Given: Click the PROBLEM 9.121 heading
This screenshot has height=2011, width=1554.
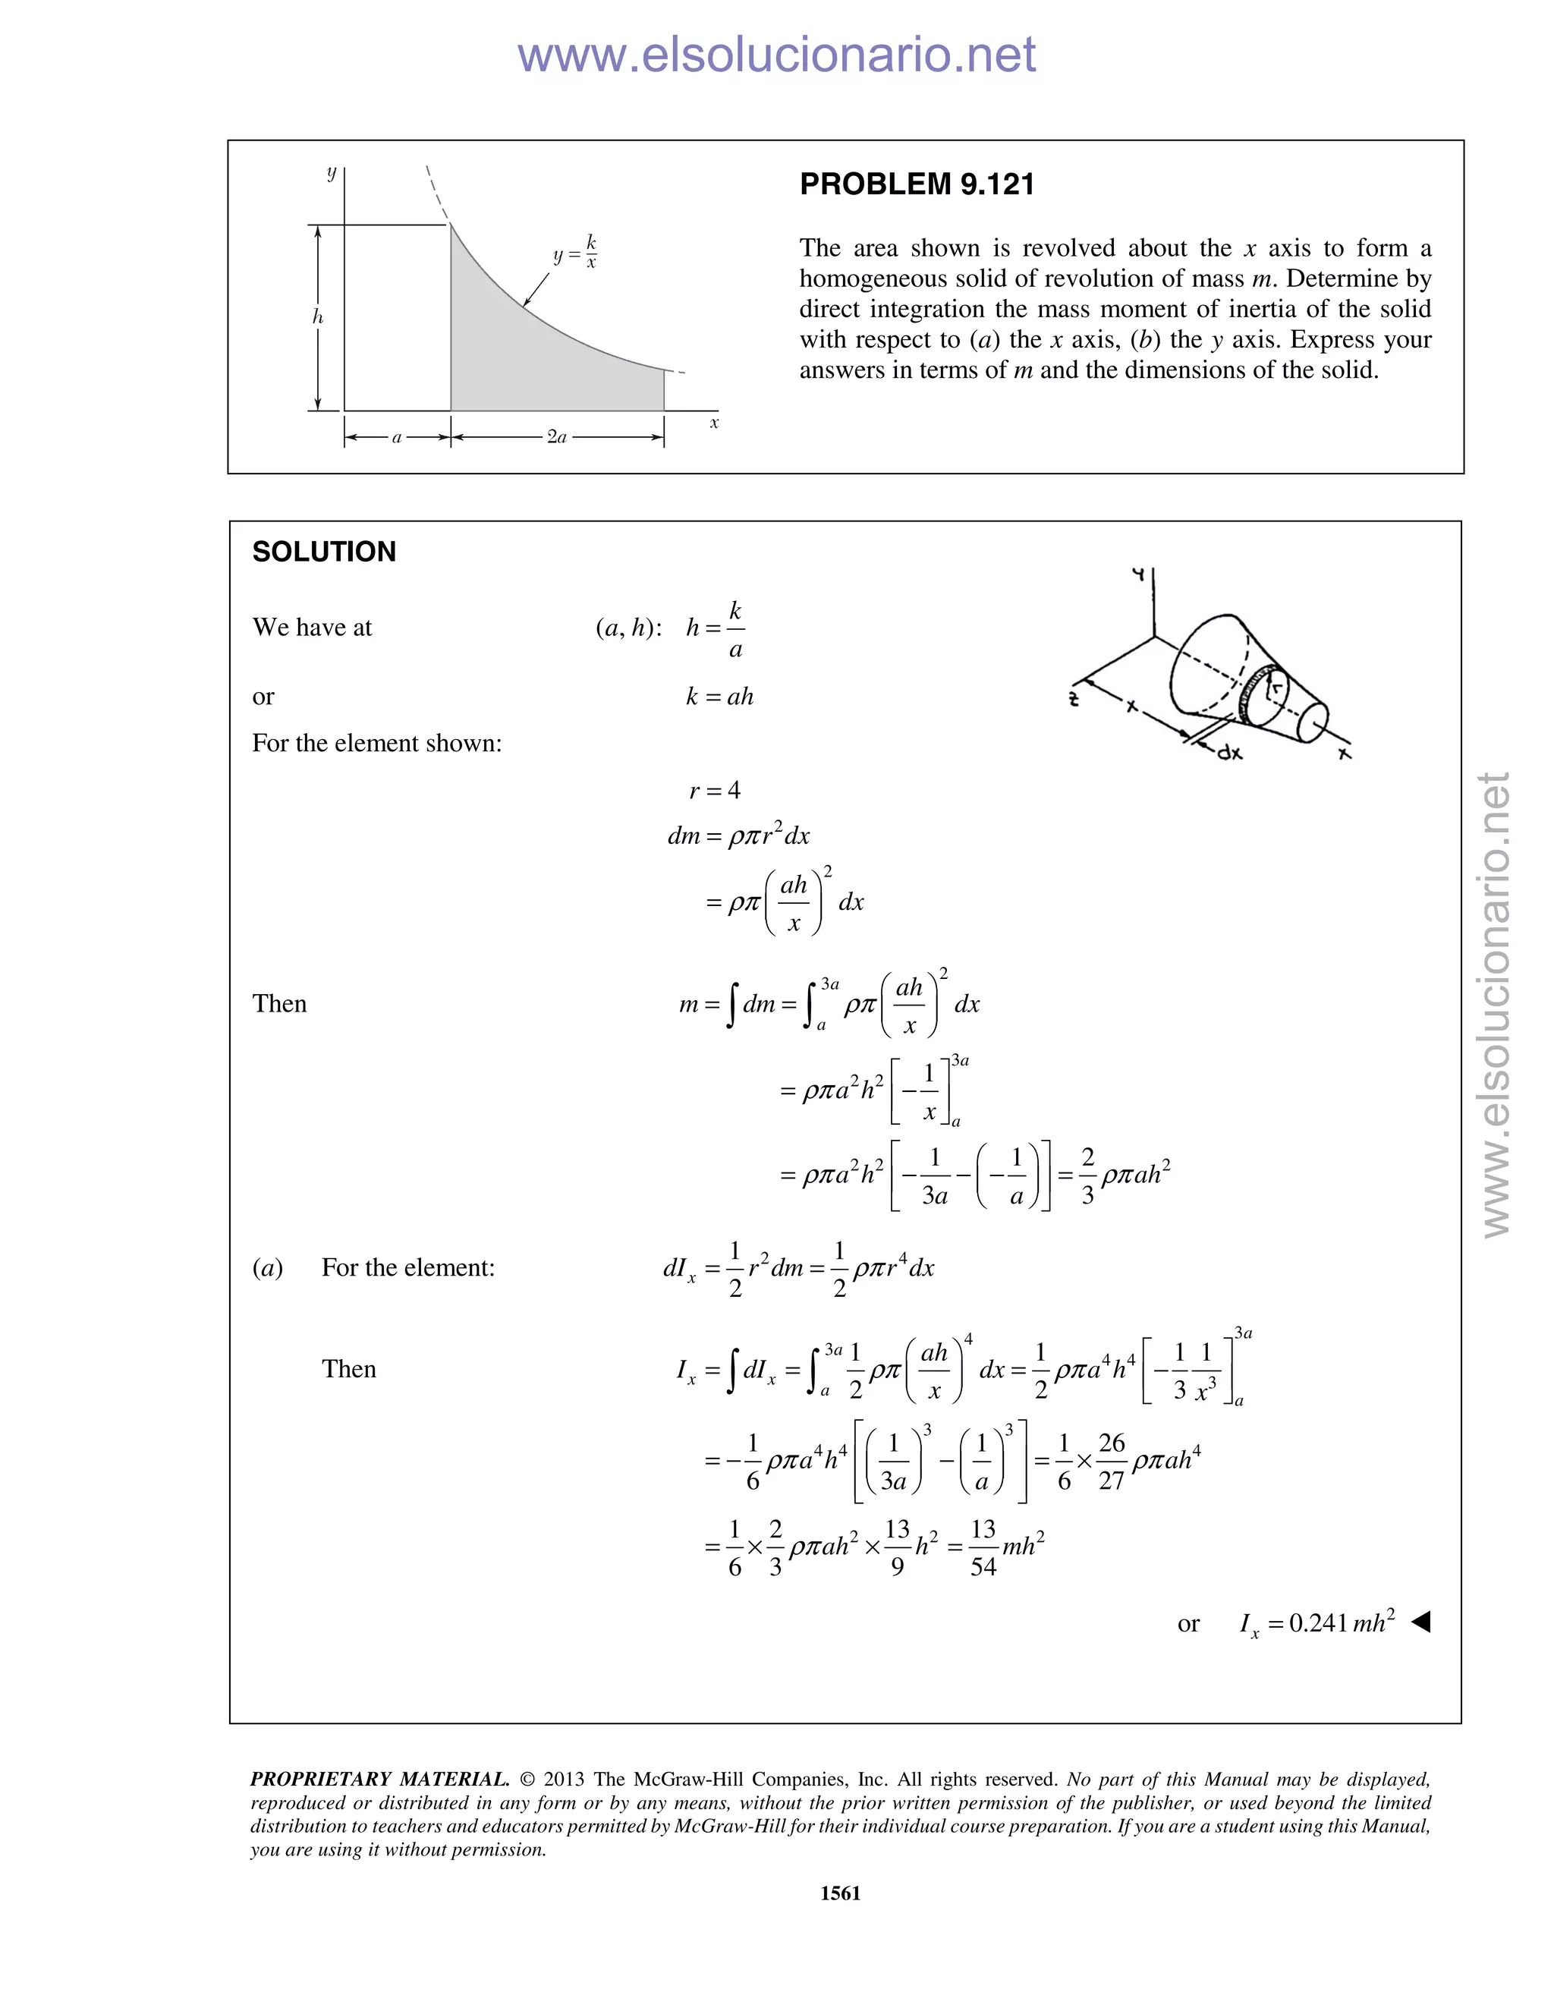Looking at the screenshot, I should [x=916, y=184].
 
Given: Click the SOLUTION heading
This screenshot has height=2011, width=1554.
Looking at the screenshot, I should [x=324, y=552].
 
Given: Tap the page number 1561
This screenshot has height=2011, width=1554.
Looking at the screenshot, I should [x=840, y=1892].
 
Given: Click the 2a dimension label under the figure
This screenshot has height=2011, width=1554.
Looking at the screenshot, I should [x=557, y=437].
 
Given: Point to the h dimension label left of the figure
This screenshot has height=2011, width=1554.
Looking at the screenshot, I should [x=318, y=316].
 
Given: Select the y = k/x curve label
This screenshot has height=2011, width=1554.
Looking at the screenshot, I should [x=575, y=251].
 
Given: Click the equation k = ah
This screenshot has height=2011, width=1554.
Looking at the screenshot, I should [x=719, y=696].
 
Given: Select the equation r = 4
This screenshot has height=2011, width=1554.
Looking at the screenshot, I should [x=714, y=790].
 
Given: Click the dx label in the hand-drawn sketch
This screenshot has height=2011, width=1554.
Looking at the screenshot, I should [x=1229, y=752].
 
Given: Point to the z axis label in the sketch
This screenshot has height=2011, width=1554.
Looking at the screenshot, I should [x=1074, y=699].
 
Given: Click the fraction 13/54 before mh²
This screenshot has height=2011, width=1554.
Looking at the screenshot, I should [x=983, y=1547].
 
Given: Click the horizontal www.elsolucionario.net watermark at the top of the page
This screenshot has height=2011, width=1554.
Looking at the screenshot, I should [x=776, y=55].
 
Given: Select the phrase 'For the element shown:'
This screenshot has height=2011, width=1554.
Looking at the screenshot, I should [x=376, y=743].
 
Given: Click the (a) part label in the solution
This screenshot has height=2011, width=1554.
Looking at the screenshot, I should [x=267, y=1268].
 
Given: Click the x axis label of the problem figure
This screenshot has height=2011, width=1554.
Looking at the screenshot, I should [x=713, y=423].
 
